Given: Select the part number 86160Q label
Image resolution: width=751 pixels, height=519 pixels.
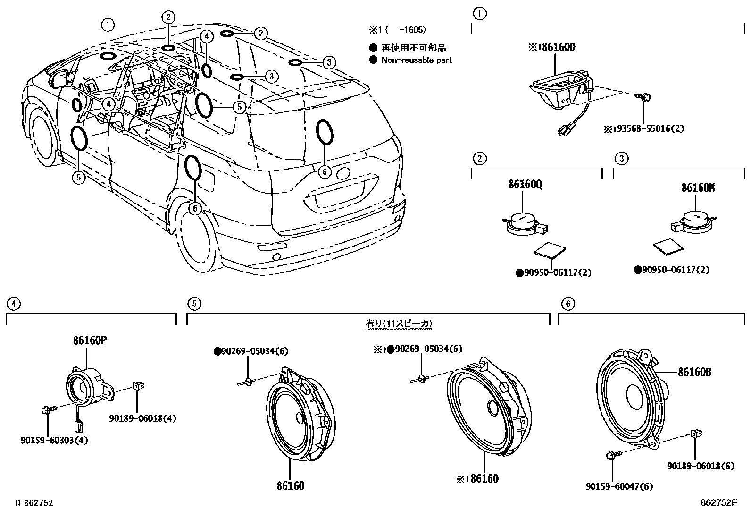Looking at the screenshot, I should [525, 185].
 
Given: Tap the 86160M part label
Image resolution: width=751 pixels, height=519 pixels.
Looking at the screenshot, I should [698, 187].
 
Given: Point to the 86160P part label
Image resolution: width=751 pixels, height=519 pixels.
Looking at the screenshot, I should [90, 340].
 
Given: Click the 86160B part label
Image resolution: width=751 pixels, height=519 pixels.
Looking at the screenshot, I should [694, 372].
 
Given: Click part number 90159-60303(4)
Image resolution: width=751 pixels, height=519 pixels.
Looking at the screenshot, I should [54, 440].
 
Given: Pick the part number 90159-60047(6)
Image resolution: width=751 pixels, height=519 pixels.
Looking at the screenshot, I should [619, 486].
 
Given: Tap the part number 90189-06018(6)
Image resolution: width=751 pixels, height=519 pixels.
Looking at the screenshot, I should [701, 466].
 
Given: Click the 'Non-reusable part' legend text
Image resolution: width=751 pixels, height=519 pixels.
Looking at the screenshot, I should [416, 60].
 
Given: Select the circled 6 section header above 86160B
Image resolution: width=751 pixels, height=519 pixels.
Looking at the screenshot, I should [568, 304].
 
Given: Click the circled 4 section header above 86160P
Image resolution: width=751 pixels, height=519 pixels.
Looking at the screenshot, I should [14, 304].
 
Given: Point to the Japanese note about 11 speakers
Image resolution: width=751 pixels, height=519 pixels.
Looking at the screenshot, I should [399, 324].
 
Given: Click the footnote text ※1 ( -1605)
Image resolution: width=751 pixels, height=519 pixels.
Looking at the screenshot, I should [397, 30].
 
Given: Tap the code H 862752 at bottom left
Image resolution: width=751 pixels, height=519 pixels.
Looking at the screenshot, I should [34, 503].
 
